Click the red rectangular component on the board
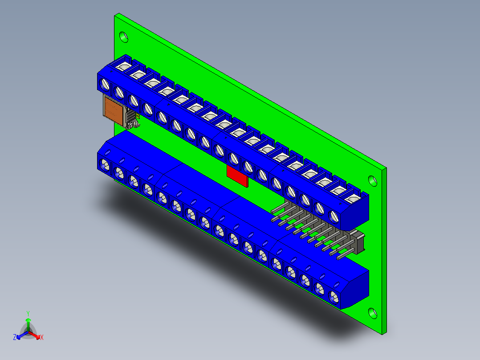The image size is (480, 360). (x=236, y=174)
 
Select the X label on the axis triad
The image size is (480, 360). (x=42, y=337)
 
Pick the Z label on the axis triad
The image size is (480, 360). (x=15, y=337)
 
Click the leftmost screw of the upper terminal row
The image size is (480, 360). (x=106, y=84)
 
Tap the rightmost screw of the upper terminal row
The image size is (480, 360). (x=334, y=217)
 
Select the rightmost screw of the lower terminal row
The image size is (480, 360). (x=334, y=296)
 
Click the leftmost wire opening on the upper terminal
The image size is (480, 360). (x=123, y=68)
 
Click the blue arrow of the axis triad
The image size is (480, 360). (x=20, y=336)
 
